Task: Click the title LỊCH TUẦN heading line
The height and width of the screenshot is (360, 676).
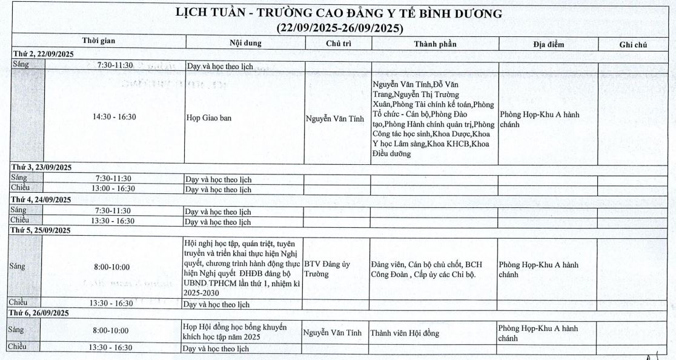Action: pyautogui.click(x=339, y=13)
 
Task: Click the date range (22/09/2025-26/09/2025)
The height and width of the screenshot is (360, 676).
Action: pyautogui.click(x=339, y=28)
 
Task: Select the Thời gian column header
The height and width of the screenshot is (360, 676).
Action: pyautogui.click(x=99, y=41)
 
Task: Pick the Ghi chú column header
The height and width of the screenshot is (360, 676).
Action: pyautogui.click(x=634, y=45)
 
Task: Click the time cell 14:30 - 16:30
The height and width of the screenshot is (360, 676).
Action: pyautogui.click(x=114, y=117)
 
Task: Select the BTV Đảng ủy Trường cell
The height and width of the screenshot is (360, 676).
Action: pyautogui.click(x=328, y=269)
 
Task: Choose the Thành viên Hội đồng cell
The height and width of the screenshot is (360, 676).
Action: pyautogui.click(x=405, y=333)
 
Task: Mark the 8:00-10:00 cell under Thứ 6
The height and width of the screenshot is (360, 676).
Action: pyautogui.click(x=110, y=331)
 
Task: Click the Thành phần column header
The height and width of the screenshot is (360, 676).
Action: pyautogui.click(x=435, y=44)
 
